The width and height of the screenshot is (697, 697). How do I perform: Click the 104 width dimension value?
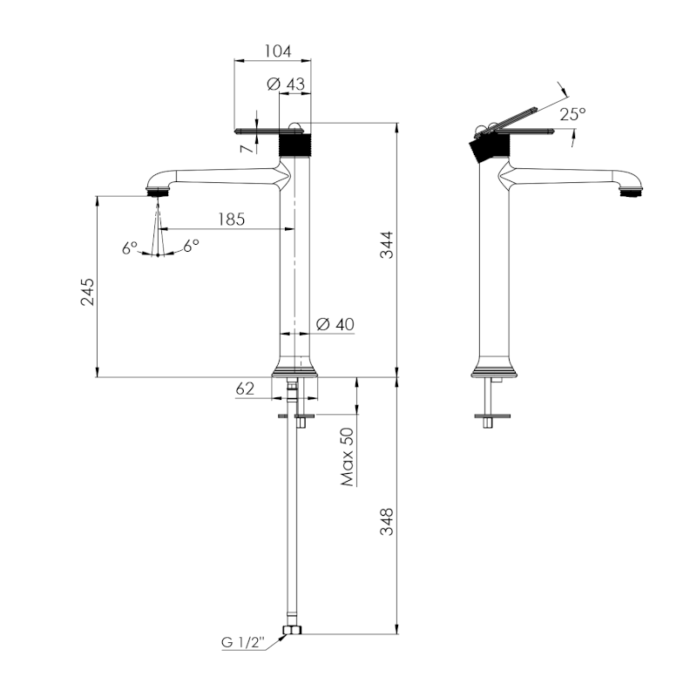point(276,51)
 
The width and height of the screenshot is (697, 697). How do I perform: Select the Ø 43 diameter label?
point(286,84)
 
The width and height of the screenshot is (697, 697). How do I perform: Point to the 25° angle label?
point(572,113)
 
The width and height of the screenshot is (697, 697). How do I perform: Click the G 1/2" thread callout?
point(240,643)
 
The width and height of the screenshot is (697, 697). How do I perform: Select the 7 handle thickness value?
point(247,148)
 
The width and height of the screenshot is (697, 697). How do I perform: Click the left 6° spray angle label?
point(130,247)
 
